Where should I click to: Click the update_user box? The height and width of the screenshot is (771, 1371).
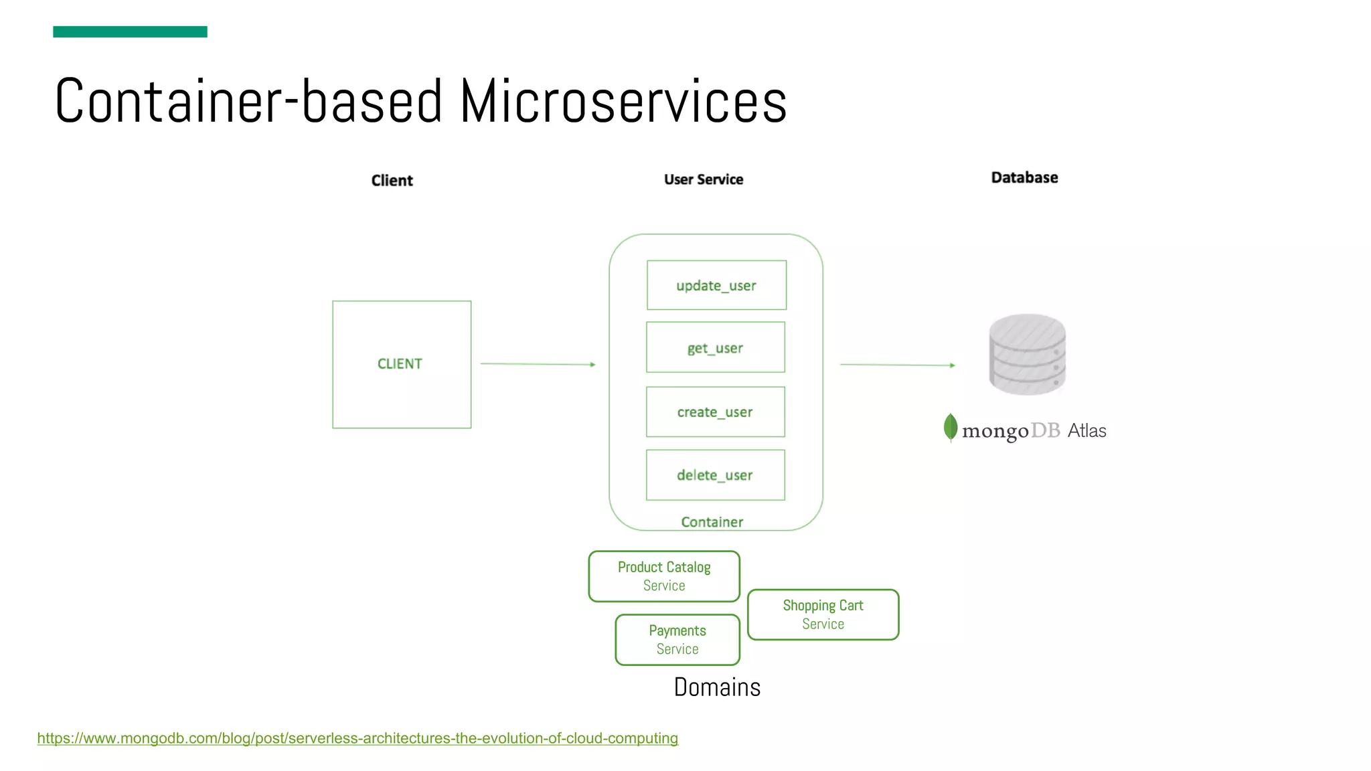click(x=716, y=285)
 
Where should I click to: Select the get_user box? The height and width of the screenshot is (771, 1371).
click(x=715, y=347)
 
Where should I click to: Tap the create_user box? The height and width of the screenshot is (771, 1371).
click(x=715, y=412)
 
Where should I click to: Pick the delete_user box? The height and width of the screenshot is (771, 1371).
click(x=715, y=475)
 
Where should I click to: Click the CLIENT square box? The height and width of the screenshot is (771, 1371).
click(x=402, y=364)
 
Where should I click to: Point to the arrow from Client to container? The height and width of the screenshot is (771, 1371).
click(x=538, y=364)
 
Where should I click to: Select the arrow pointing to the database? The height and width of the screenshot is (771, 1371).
click(x=897, y=365)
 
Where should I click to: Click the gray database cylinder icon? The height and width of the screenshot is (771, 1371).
click(x=1027, y=354)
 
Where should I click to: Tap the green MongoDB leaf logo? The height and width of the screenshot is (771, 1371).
click(x=950, y=428)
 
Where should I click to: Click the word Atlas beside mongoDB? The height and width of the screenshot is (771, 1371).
click(x=1086, y=431)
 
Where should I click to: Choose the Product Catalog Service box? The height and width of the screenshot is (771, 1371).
click(x=664, y=576)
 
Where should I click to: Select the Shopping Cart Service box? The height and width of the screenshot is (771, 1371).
click(x=823, y=614)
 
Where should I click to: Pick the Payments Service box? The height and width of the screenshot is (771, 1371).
click(x=677, y=640)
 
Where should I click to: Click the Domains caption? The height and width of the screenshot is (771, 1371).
click(x=717, y=687)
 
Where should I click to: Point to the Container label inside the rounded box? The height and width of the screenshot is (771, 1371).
click(x=712, y=522)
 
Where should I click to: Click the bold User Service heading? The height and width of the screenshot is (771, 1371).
click(x=704, y=179)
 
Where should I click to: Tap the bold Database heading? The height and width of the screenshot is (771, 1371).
click(x=1024, y=177)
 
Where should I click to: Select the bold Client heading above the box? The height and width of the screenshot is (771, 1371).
click(x=392, y=181)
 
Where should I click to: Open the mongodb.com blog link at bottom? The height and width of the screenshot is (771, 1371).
click(x=357, y=738)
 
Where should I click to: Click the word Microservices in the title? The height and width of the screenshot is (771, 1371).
click(x=623, y=102)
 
